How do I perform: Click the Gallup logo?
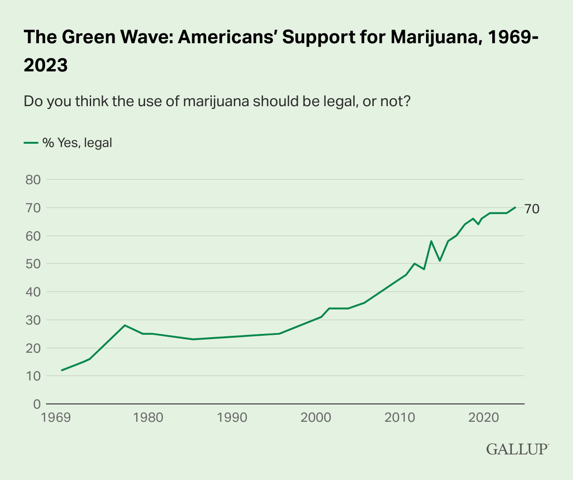point(517,449)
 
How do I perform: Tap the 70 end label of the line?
point(532,209)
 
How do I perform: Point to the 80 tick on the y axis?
point(32,179)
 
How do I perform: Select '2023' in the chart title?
point(46,65)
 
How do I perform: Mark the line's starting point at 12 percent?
point(62,370)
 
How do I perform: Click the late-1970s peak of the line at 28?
point(124,325)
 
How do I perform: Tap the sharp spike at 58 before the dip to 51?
point(431,241)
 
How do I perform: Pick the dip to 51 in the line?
point(439,261)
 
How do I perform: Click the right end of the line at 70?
point(515,207)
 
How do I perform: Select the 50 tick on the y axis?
point(32,263)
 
